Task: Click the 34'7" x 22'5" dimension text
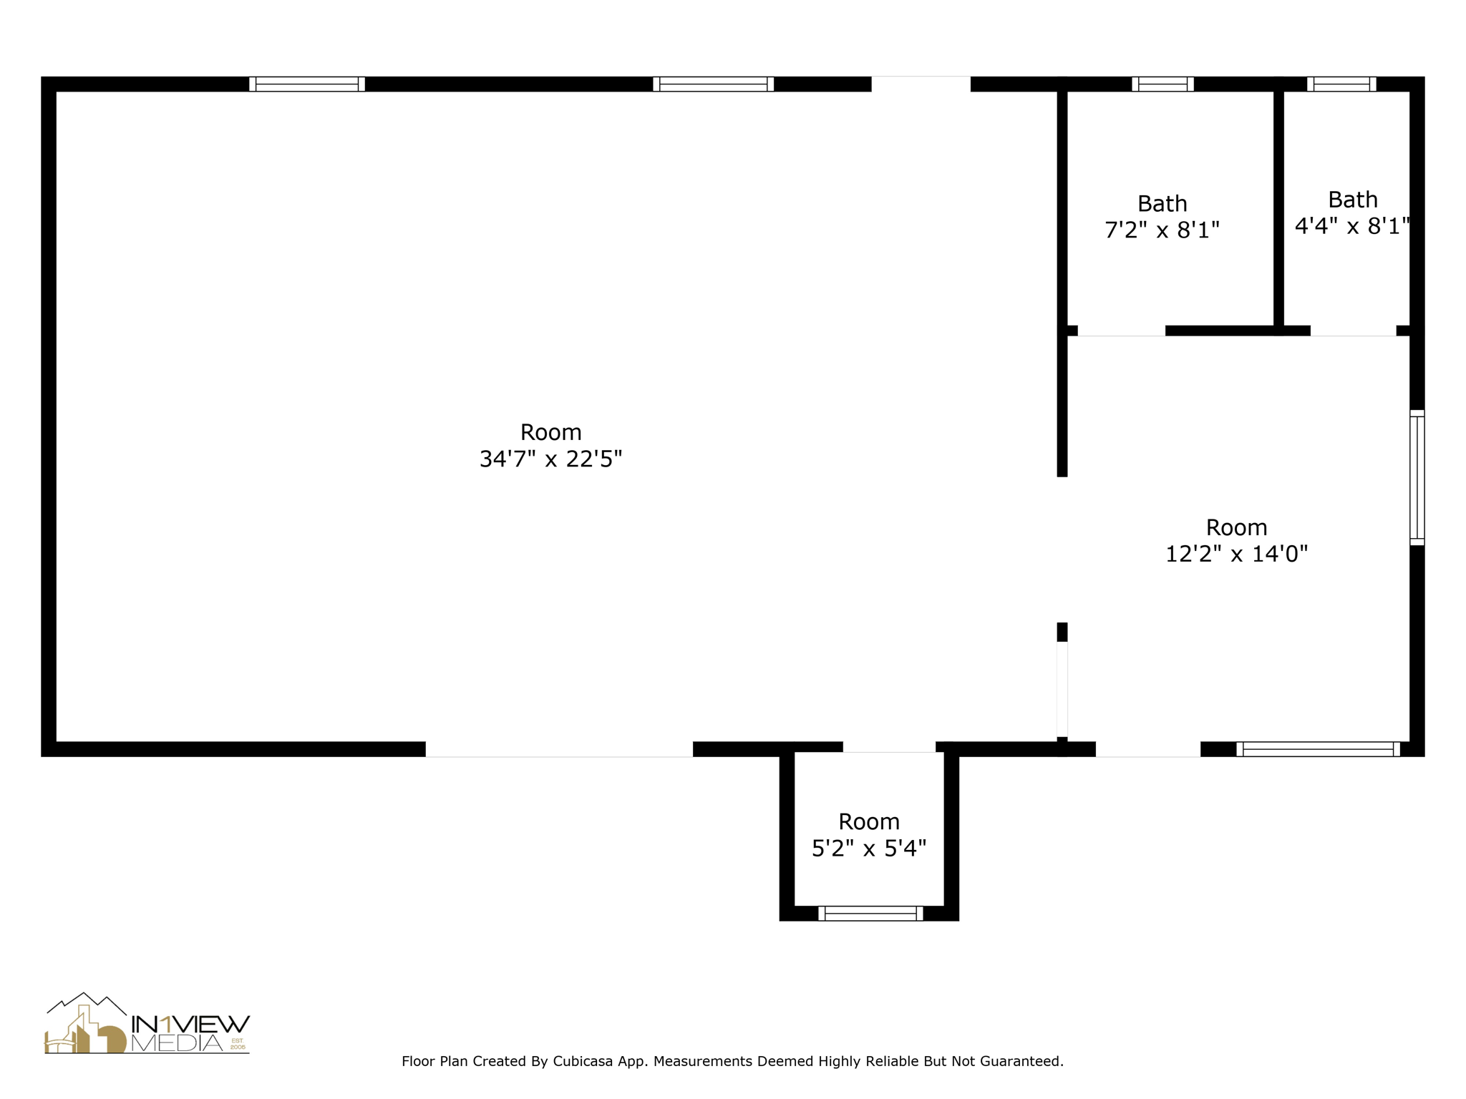[550, 459]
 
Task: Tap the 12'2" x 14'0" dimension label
[1236, 554]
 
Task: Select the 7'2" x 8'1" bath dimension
[1162, 230]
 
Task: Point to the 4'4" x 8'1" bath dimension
[1352, 226]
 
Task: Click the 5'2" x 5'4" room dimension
[869, 849]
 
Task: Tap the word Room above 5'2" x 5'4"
[869, 821]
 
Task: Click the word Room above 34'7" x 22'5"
[550, 432]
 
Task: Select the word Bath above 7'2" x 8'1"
[1162, 204]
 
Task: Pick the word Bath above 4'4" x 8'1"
[1353, 200]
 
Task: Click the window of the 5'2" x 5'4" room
[870, 914]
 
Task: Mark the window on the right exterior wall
[1417, 478]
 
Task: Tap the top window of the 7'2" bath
[1162, 84]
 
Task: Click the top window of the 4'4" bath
[1341, 84]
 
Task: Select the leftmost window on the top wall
[307, 84]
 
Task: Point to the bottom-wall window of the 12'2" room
[1318, 749]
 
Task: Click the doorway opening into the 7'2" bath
[1121, 331]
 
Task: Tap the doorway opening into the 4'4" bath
[1353, 331]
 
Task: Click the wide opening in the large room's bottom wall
[559, 749]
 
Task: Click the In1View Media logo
[147, 1024]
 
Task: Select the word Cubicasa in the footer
[582, 1062]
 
